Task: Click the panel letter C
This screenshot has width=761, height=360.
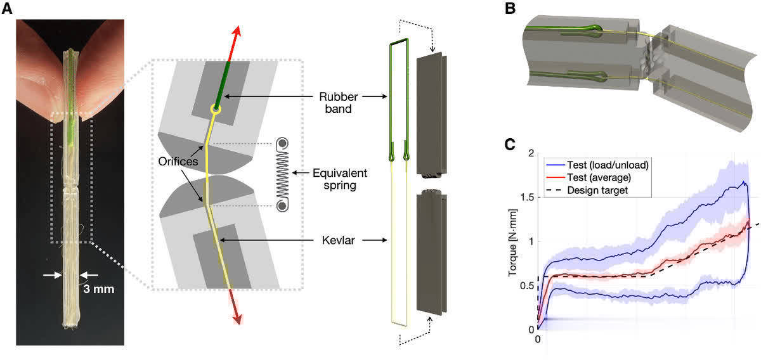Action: pyautogui.click(x=509, y=145)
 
